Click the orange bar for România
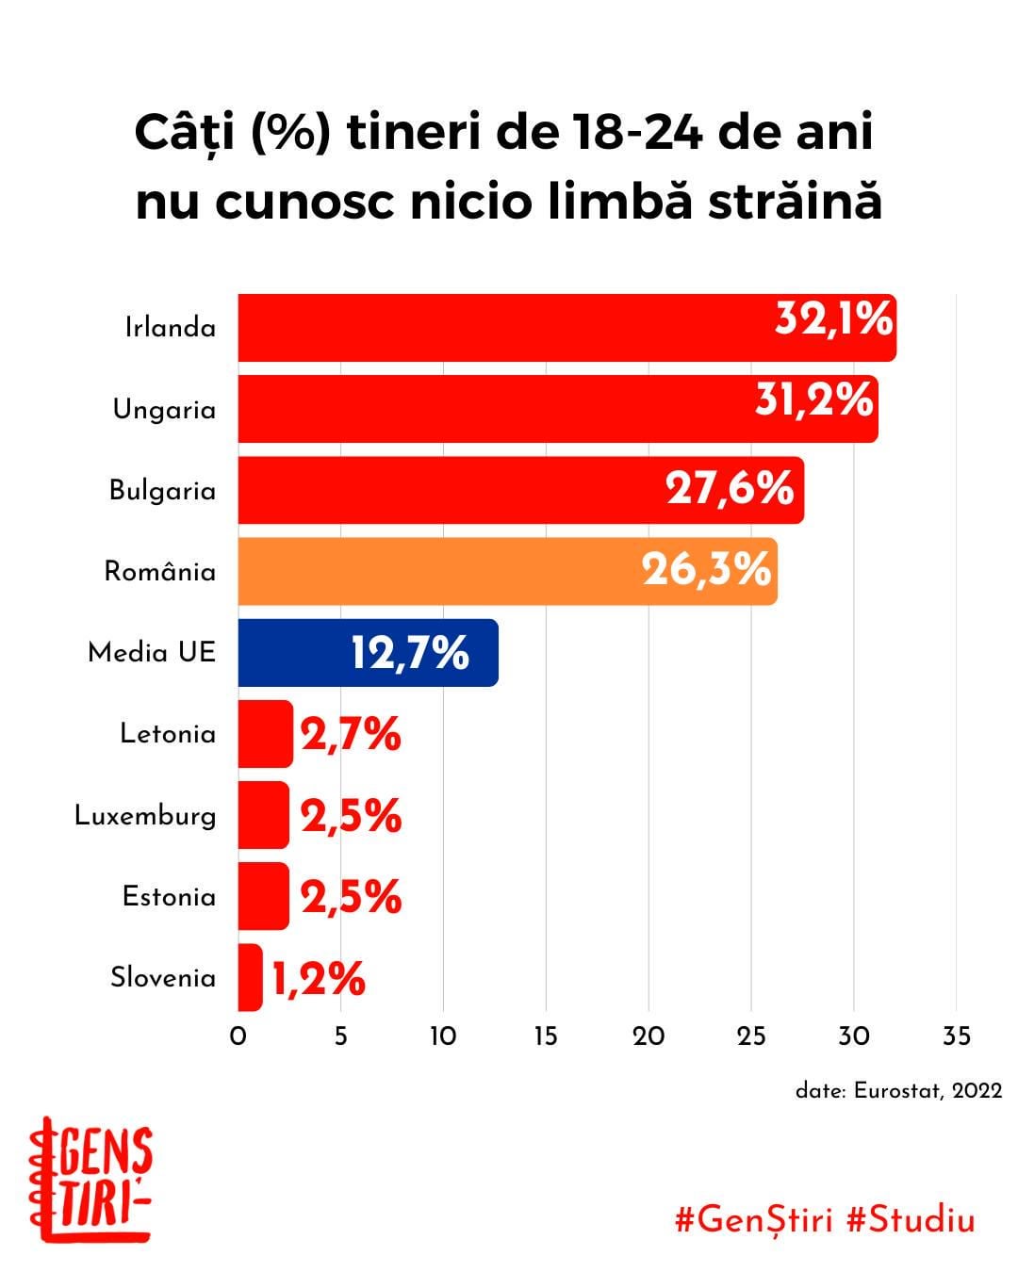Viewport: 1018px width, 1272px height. [507, 571]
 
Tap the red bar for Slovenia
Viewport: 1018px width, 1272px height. [250, 977]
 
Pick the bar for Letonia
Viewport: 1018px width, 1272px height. [265, 734]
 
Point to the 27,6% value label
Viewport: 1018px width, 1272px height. [730, 489]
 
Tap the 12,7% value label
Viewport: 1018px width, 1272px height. [410, 652]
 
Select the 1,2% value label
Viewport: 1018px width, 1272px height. [319, 979]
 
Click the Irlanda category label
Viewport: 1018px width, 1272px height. [171, 328]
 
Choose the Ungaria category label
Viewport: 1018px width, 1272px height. [164, 410]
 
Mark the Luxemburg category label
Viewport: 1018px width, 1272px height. [145, 816]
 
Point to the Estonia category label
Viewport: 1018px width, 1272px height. [169, 897]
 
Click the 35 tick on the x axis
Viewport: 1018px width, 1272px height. [956, 1036]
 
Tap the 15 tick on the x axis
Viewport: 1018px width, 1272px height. [546, 1036]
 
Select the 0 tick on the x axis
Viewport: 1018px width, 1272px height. [238, 1036]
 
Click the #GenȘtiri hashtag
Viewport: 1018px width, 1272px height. [754, 1220]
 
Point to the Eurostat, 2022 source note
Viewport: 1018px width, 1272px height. [898, 1091]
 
